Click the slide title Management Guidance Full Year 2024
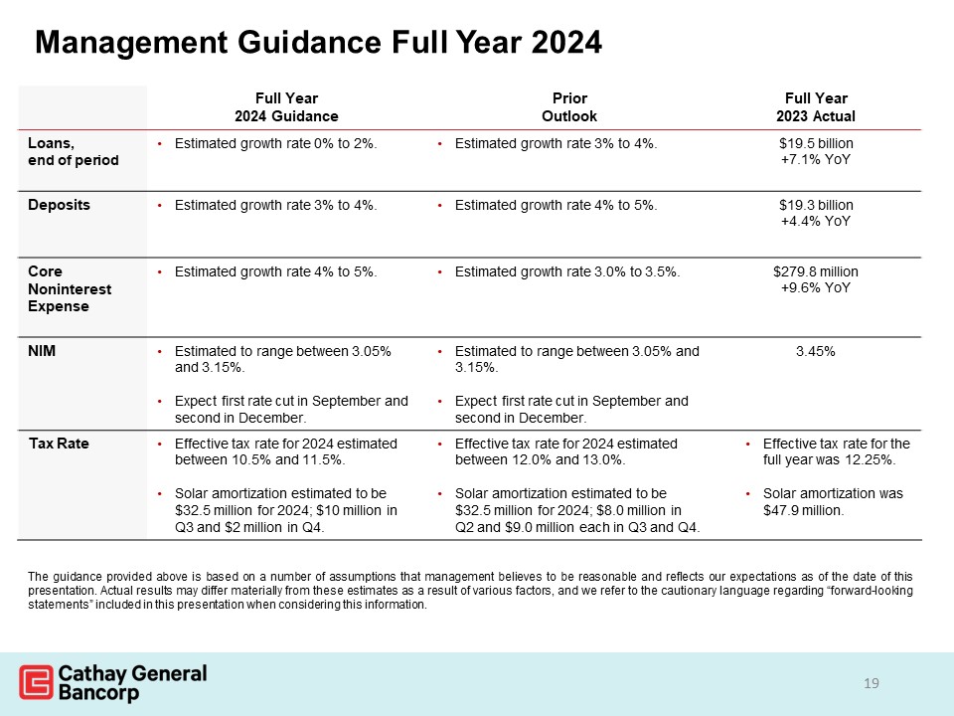(x=318, y=42)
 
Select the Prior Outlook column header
(x=569, y=107)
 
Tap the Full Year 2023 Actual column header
(x=815, y=107)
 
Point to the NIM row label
(x=42, y=351)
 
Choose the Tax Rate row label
(x=58, y=444)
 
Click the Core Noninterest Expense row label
(x=70, y=288)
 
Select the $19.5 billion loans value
(x=815, y=143)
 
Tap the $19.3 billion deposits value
(x=815, y=205)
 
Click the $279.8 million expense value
(x=815, y=271)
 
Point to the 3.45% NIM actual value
(x=815, y=351)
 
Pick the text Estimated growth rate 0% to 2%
(x=275, y=143)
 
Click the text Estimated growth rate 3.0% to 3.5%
(x=566, y=271)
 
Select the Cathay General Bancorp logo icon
(x=36, y=682)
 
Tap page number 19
(x=872, y=683)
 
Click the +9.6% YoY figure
(x=815, y=288)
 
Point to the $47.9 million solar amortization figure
(x=803, y=511)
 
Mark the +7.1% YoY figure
(x=815, y=159)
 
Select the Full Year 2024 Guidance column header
(x=286, y=107)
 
